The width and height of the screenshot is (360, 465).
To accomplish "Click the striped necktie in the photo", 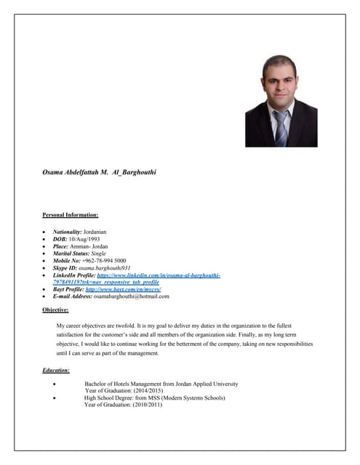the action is [281, 128].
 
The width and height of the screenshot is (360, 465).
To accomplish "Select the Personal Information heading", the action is [71, 216].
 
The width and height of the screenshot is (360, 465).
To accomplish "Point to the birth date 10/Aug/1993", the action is [86, 238].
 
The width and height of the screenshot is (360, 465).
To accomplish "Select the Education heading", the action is [56, 371].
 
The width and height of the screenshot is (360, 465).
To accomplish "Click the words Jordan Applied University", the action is [201, 383].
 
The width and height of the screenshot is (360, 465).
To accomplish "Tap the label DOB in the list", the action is [59, 238].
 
